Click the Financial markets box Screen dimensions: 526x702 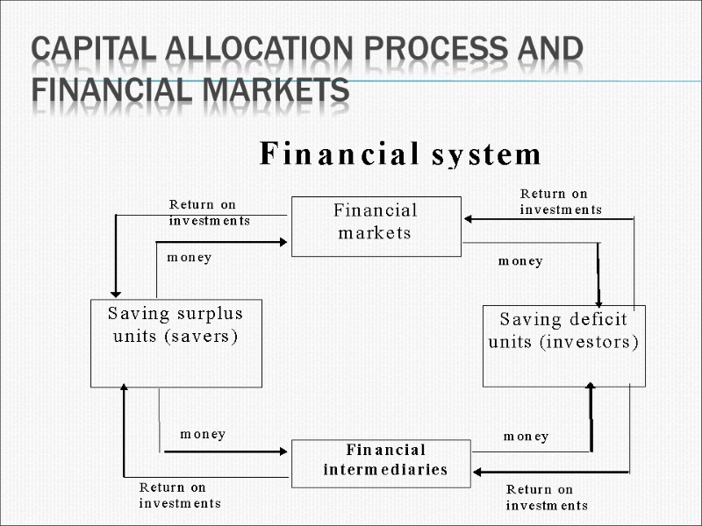(x=376, y=226)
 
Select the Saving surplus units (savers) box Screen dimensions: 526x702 (x=175, y=343)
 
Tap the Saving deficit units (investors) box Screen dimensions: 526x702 (x=563, y=345)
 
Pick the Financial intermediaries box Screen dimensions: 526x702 (x=381, y=463)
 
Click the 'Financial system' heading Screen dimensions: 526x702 (x=400, y=155)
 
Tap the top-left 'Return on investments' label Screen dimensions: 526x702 (x=209, y=212)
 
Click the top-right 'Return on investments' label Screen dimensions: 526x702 (x=561, y=202)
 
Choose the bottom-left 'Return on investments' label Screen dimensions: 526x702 (x=180, y=495)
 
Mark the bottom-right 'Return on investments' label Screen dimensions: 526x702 (x=547, y=497)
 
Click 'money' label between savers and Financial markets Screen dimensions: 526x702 (x=189, y=258)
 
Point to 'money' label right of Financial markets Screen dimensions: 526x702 (x=520, y=261)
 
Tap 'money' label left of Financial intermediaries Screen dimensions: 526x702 (x=203, y=434)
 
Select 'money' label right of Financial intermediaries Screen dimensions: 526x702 (x=526, y=436)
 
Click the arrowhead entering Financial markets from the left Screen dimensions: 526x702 (x=283, y=241)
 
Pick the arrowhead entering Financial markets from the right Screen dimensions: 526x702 (x=469, y=219)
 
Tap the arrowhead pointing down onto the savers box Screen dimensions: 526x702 (x=115, y=293)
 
